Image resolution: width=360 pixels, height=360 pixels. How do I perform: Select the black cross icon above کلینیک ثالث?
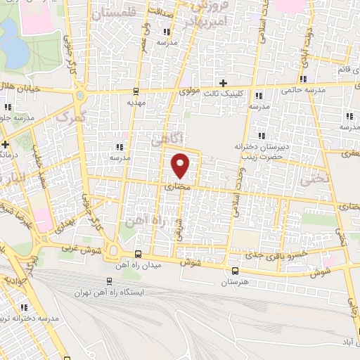223,84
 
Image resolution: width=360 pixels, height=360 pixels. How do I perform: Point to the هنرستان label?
235,281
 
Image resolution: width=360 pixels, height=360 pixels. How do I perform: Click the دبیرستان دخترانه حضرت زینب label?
263,153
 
